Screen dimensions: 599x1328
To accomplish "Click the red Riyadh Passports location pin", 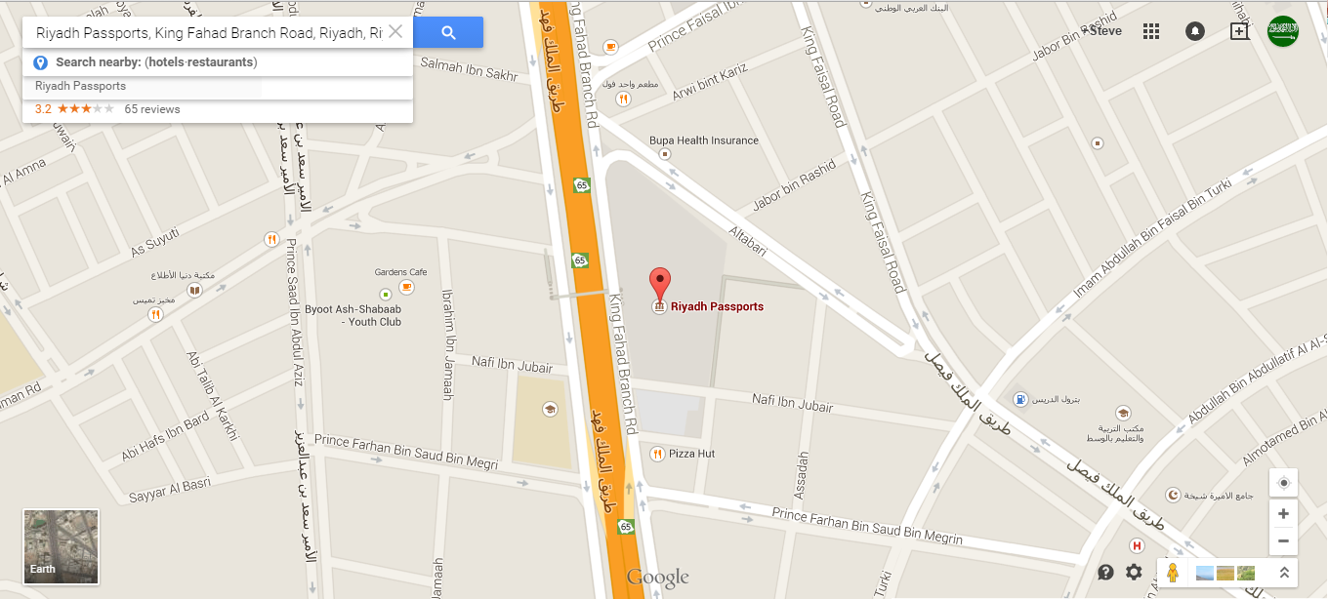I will tap(661, 281).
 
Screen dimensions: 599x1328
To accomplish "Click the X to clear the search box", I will tap(395, 31).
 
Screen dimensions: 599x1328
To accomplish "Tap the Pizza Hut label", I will tap(692, 454).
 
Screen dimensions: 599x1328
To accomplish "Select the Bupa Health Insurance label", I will tap(704, 140).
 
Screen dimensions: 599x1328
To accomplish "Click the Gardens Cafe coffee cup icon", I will tap(406, 287).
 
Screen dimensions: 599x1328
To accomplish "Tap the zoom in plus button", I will tap(1283, 514).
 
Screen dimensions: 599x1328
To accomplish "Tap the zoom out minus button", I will tap(1283, 541).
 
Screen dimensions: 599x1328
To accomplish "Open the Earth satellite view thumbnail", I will tap(61, 546).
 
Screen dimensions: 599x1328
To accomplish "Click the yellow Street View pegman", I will tap(1173, 573).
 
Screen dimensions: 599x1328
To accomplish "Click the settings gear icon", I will tap(1134, 573).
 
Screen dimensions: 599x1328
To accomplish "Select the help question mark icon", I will tap(1105, 573).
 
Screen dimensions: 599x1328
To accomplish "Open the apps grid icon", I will tap(1151, 31).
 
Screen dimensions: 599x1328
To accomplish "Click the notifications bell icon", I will tap(1194, 31).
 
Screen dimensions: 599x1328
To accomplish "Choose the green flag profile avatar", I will tap(1282, 31).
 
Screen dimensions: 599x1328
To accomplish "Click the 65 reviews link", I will tap(152, 109).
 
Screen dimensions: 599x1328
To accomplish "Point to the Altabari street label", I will tap(747, 240).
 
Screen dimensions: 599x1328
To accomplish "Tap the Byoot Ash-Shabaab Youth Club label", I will tap(353, 315).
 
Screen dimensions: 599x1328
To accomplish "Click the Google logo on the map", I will tap(658, 578).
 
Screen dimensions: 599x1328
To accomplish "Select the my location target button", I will tap(1283, 483).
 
